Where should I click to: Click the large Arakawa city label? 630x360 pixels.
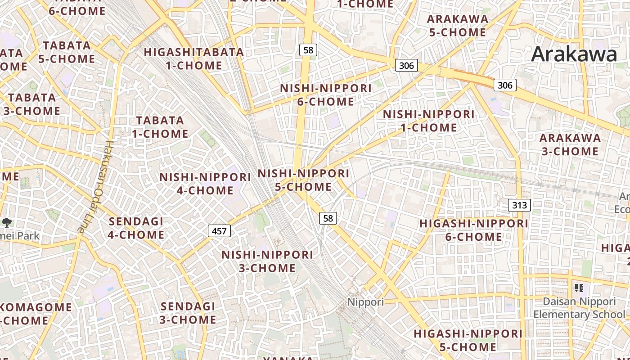coord(574,54)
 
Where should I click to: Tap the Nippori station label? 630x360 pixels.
coord(365,301)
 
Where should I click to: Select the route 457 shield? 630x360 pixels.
coord(219,231)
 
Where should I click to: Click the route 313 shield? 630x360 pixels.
coord(520,205)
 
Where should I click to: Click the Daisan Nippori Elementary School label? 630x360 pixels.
coord(579,308)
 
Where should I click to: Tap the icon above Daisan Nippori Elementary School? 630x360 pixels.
coord(579,288)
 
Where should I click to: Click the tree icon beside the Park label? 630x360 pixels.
coord(7,222)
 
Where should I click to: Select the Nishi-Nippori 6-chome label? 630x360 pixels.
coord(326,95)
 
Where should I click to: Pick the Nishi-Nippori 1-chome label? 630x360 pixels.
coord(428,121)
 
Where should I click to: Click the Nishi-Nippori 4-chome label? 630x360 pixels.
coord(205,184)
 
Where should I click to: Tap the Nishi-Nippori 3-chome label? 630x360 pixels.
coord(267,261)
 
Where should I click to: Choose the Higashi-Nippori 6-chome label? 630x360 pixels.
coord(473,230)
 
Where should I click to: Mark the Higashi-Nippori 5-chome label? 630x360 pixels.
coord(468,340)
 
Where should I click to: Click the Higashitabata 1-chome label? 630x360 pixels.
coord(194,58)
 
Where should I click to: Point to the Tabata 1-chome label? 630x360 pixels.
coord(160,127)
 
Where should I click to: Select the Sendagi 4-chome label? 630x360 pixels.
coord(136,228)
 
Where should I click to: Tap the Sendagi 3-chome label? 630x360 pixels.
coord(188,313)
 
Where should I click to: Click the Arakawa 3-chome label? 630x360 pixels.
coord(570,144)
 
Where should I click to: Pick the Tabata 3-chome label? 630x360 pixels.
coord(32,104)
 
